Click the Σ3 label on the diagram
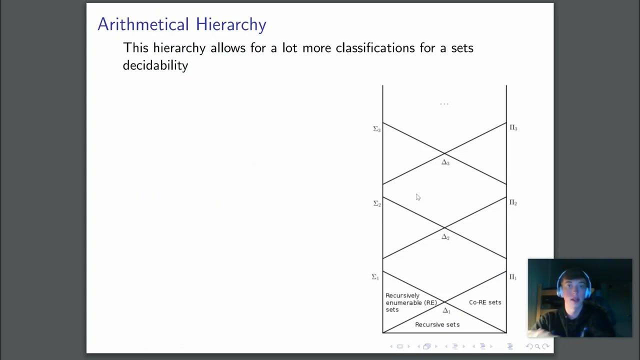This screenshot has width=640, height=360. point(377,129)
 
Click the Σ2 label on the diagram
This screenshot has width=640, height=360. point(377,203)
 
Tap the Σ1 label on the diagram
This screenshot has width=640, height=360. point(375,277)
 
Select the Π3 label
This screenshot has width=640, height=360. point(513,128)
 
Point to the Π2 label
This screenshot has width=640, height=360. point(513,202)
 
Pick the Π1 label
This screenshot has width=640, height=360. point(513,277)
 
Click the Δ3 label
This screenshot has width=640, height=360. point(445,162)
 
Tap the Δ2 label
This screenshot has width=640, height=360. point(445,237)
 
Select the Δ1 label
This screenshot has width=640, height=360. point(446,310)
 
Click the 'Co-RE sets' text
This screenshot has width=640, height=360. point(485,302)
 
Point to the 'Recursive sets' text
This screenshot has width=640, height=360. point(437,324)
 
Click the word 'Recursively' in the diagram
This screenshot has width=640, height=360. point(402,295)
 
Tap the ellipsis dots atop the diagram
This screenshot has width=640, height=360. point(444,104)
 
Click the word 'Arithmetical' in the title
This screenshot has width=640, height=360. point(143,24)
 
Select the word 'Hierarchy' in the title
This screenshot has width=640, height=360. point(231,24)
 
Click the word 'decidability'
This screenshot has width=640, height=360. point(155,65)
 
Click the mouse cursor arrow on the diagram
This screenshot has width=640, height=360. point(418,197)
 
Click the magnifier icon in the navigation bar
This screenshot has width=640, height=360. point(537,346)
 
